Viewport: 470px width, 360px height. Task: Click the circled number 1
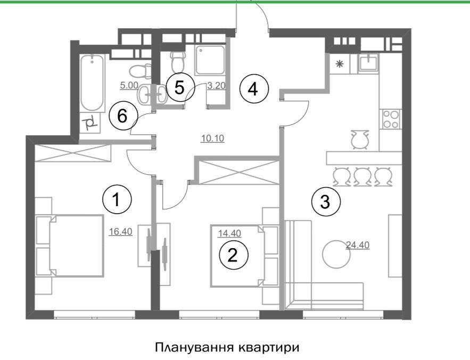[117, 199]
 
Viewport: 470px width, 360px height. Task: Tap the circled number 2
[234, 255]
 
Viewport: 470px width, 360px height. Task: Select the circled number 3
[326, 201]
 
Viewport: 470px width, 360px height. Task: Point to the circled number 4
[254, 89]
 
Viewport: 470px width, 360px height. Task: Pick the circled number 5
[180, 87]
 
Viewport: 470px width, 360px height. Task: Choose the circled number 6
[123, 116]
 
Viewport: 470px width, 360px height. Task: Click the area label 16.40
[120, 232]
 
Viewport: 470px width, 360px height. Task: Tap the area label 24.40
[358, 245]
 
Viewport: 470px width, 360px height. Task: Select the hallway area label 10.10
[212, 138]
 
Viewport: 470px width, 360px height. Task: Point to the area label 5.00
[129, 85]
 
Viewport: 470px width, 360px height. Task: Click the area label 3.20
[216, 86]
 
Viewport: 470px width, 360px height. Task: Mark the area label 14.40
[229, 233]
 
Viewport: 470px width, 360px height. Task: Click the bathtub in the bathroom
[92, 82]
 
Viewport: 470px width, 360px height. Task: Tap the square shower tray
[210, 60]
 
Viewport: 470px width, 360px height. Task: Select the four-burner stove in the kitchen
[391, 119]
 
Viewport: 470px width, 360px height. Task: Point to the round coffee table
[336, 254]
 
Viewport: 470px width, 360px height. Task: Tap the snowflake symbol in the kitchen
[339, 63]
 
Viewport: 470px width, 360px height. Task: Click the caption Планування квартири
[227, 347]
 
